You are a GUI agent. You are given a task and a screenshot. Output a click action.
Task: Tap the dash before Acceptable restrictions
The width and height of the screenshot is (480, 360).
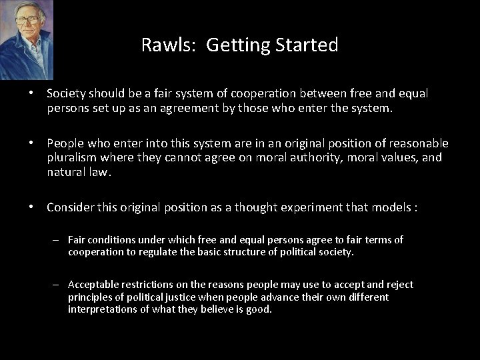(58, 285)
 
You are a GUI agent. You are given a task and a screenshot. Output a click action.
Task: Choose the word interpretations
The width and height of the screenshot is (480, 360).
(101, 309)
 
